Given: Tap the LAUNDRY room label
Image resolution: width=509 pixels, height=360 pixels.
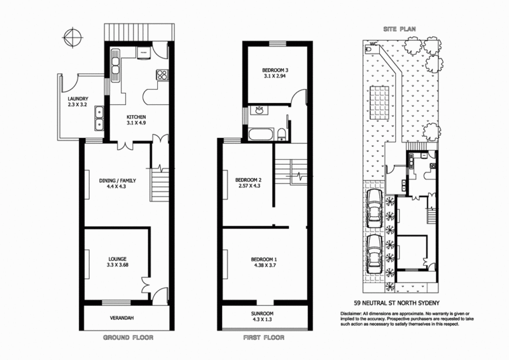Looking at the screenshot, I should pyautogui.click(x=77, y=99).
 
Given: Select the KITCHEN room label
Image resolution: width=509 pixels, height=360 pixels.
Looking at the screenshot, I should pyautogui.click(x=136, y=117).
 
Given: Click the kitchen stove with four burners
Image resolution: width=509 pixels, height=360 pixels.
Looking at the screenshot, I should pyautogui.click(x=162, y=74).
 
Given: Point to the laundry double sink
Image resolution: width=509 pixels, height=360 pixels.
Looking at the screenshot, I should pyautogui.click(x=99, y=114).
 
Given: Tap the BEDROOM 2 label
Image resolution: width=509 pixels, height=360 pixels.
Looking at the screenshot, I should pyautogui.click(x=248, y=179).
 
